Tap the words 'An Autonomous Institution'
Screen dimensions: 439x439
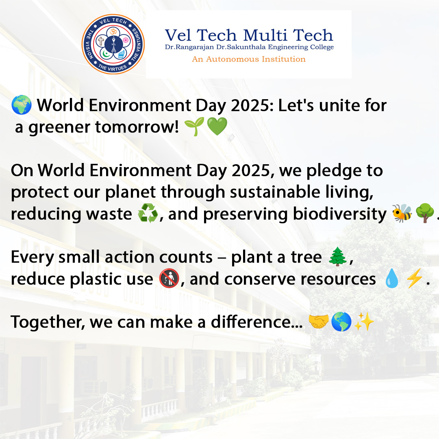pos(249,59)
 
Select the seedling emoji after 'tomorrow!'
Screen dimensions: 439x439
pos(193,128)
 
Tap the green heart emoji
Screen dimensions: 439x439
pos(217,128)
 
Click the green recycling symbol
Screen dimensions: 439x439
pos(148,214)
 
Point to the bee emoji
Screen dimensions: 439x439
pos(402,213)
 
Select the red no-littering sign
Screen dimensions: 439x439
pos(169,280)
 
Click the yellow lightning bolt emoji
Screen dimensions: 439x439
pos(414,280)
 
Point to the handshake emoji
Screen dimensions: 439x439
pos(318,322)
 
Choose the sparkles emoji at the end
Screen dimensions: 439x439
pos(364,322)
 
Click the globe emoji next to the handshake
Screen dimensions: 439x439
pos(341,322)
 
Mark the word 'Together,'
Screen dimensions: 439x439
pos(48,322)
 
